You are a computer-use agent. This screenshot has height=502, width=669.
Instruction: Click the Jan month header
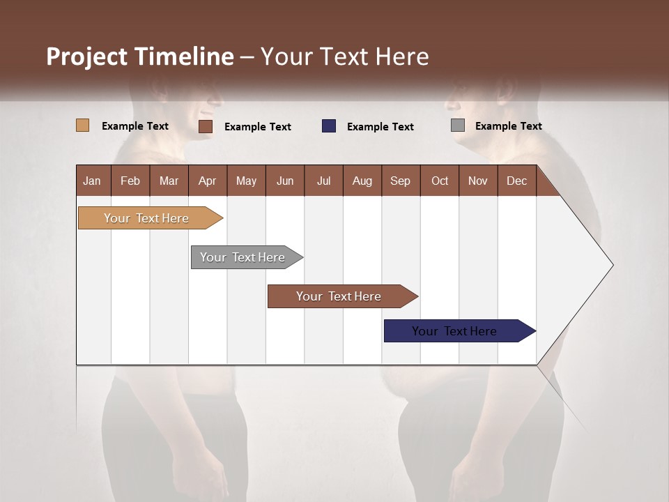click(93, 181)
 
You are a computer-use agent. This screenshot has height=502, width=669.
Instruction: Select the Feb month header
click(130, 181)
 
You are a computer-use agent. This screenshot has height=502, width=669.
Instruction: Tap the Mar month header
click(169, 181)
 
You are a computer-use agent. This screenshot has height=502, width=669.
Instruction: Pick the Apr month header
click(208, 181)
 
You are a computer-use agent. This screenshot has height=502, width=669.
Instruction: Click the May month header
click(246, 181)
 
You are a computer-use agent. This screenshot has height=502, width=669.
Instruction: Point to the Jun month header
click(285, 181)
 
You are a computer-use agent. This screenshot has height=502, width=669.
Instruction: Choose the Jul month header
click(323, 181)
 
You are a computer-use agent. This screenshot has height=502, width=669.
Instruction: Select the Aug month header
click(362, 181)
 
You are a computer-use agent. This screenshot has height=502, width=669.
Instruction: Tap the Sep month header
click(401, 181)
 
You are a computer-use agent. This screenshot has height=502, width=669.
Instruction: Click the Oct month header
click(440, 181)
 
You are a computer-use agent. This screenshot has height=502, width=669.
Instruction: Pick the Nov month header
click(478, 181)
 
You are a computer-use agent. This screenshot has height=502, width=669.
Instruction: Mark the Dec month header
click(517, 181)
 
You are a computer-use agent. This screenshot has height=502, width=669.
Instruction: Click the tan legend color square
click(83, 125)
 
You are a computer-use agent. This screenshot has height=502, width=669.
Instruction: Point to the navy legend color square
click(329, 126)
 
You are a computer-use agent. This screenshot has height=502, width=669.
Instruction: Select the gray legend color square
click(458, 125)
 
